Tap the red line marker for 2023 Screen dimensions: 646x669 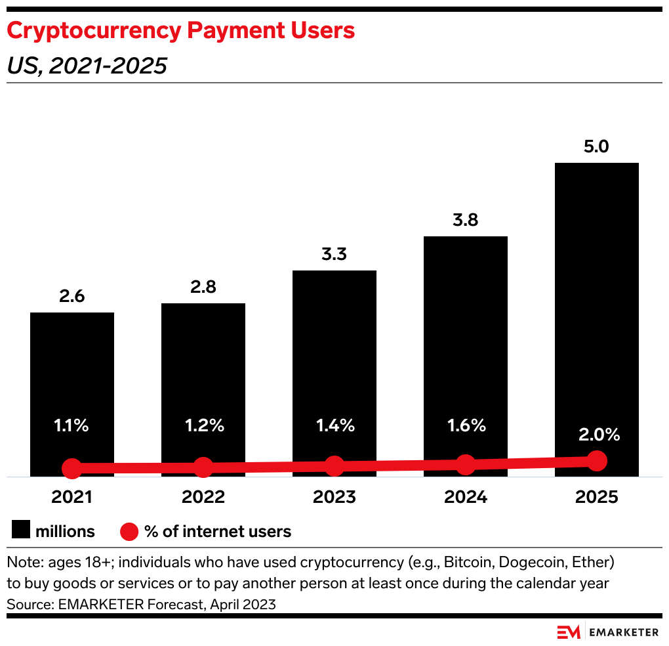point(334,466)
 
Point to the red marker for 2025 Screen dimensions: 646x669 point(596,461)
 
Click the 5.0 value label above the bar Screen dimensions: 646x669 point(596,146)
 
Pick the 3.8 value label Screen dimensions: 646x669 point(465,220)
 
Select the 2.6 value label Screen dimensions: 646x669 point(72,296)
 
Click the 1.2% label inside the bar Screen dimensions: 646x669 point(203,425)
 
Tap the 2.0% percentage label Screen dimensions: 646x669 point(596,435)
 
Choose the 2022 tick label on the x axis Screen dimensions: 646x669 point(203,497)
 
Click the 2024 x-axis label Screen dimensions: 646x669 point(465,497)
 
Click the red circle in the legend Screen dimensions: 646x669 point(129,530)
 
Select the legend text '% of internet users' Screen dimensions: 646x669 point(217,530)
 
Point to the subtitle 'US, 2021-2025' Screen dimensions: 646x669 point(87,66)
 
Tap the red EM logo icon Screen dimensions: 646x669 point(569,632)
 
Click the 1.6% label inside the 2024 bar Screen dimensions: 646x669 point(465,425)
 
